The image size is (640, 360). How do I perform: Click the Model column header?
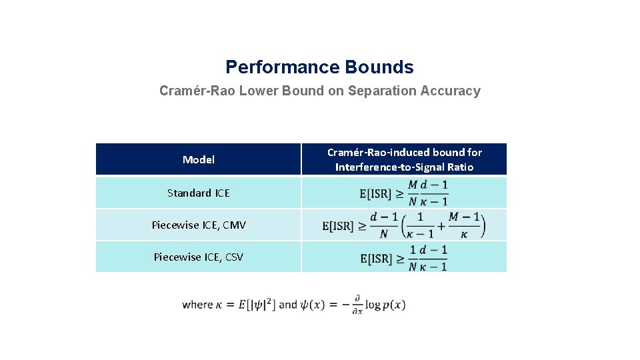(199, 160)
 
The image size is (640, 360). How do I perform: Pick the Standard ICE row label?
(198, 193)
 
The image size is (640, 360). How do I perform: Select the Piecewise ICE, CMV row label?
(199, 225)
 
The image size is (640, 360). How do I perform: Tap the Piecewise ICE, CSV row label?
(199, 257)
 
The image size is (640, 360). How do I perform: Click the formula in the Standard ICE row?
(403, 193)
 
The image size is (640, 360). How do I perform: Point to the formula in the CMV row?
(403, 225)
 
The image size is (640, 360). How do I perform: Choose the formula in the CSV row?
(403, 258)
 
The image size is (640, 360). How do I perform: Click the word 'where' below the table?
(197, 305)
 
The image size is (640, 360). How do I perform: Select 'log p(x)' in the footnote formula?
(385, 305)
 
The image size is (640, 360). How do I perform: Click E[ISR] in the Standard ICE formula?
(375, 194)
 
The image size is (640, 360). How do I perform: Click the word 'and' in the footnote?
(288, 305)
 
